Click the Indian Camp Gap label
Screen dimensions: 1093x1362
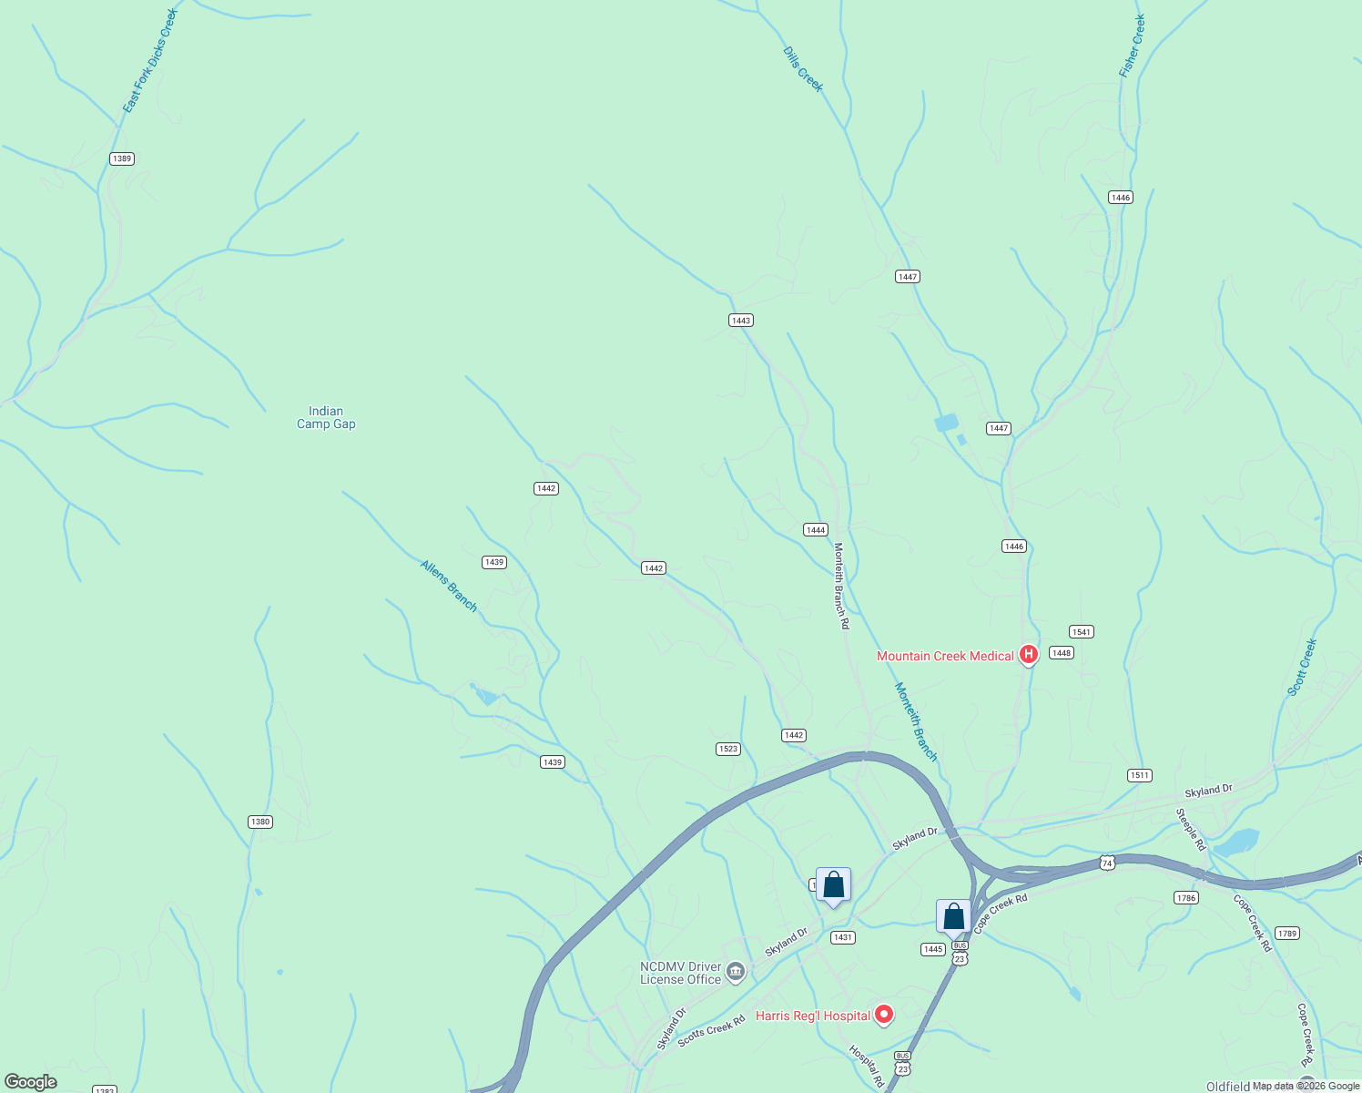point(326,417)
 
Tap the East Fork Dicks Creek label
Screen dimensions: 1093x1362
point(150,61)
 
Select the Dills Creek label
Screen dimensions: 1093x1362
point(803,69)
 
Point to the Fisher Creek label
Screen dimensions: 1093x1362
point(1132,46)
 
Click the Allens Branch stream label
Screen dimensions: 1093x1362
point(449,586)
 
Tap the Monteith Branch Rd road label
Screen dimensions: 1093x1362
point(841,586)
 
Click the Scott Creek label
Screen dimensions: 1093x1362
point(1302,668)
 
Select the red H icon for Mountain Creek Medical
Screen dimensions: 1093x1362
point(1029,654)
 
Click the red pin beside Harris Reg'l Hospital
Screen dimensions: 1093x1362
point(883,1014)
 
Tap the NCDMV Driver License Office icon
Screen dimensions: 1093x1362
point(736,972)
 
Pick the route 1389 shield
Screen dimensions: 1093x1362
point(122,158)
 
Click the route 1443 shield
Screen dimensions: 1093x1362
point(741,320)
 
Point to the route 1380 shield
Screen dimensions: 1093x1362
point(260,822)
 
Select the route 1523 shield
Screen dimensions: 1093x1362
point(727,749)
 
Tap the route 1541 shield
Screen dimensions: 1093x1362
point(1082,631)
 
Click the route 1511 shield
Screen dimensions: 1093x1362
point(1140,775)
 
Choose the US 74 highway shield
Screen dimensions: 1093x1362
point(1107,863)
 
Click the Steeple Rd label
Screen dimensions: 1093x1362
point(1190,830)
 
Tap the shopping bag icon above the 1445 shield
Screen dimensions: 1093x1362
point(953,916)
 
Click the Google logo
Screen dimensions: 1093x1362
point(31,1082)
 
